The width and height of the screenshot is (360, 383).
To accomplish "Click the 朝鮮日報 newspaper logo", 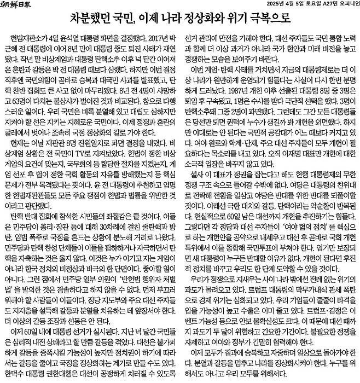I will coord(22,6).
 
